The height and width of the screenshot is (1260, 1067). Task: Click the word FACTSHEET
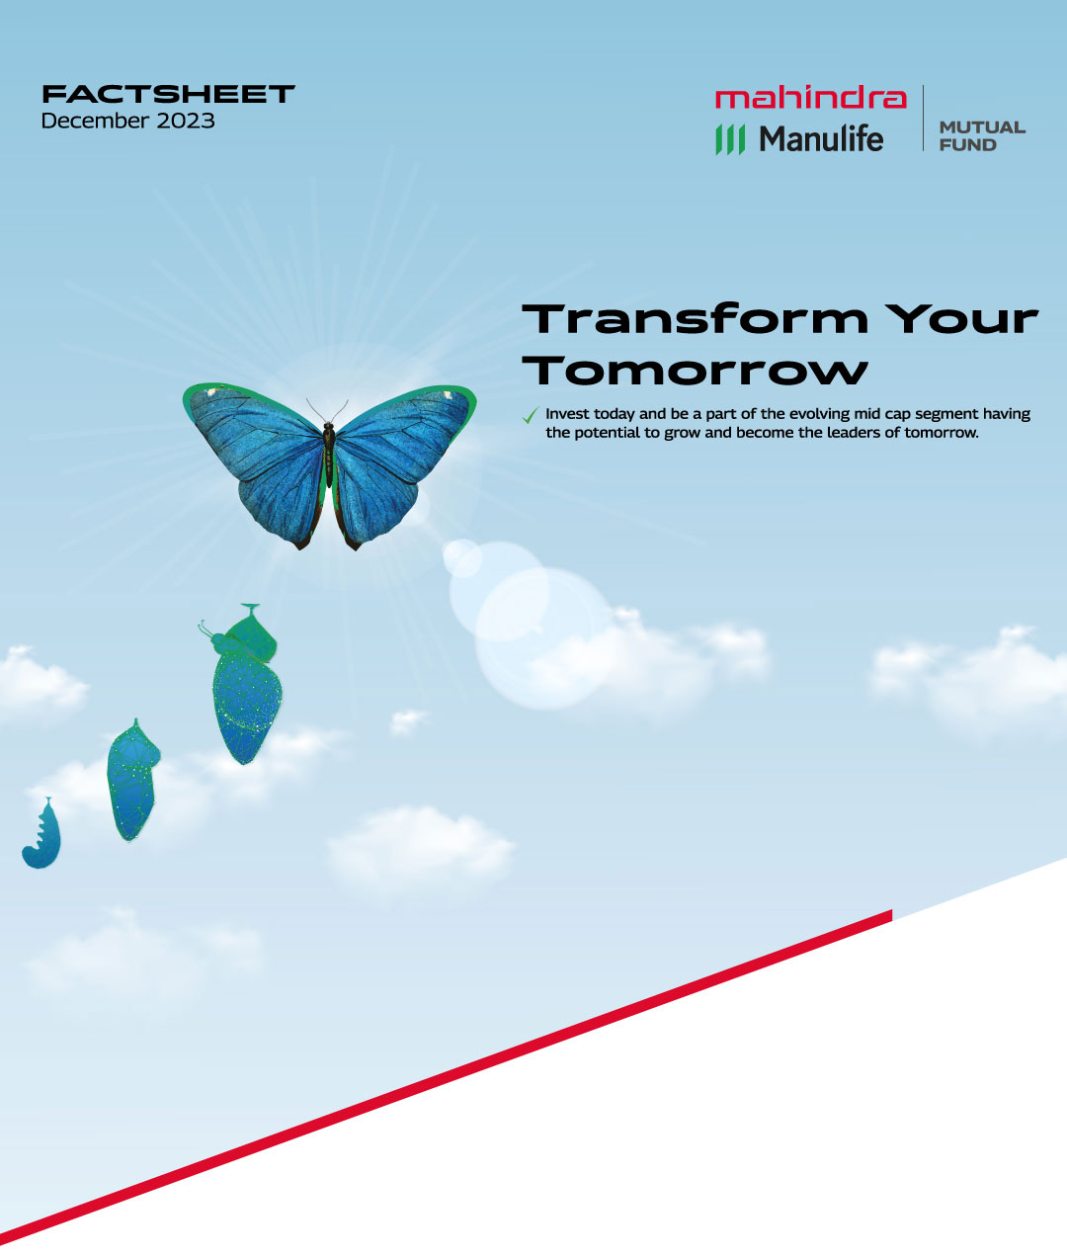(x=168, y=94)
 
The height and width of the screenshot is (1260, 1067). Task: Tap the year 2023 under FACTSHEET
(x=186, y=121)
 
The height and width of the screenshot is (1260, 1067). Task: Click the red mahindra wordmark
(x=811, y=98)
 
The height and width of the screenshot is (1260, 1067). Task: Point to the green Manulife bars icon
(x=730, y=139)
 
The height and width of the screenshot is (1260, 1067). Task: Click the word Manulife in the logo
(x=821, y=139)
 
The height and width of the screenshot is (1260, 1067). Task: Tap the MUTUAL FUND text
(x=982, y=136)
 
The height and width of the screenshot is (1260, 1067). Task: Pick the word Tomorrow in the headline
(x=696, y=370)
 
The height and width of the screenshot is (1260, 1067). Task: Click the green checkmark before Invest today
(x=531, y=415)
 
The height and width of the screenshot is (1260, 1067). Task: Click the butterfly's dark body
(x=329, y=455)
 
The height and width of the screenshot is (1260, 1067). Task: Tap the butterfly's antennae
(x=327, y=410)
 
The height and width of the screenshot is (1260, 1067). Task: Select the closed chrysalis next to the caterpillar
(x=132, y=780)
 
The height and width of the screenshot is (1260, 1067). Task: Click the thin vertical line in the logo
(x=923, y=118)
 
